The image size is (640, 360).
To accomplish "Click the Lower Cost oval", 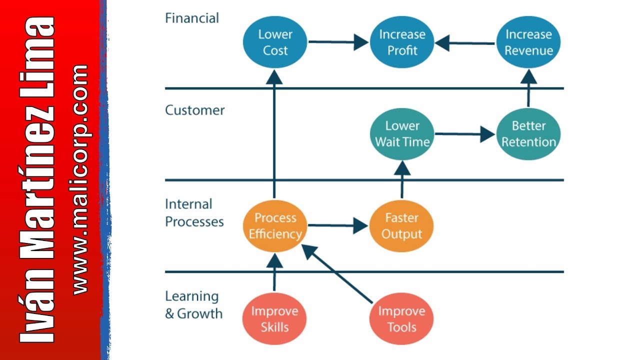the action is [275, 42].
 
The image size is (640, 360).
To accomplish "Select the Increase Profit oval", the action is [402, 42].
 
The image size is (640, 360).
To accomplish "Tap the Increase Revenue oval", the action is [528, 42].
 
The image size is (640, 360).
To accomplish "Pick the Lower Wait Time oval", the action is [402, 134].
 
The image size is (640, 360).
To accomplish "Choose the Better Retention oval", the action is [528, 134].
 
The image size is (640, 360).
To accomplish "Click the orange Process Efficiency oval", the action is [275, 226].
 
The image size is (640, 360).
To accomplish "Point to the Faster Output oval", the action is [401, 226].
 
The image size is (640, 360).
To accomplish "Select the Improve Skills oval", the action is [274, 318].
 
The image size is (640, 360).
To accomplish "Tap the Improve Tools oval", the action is [401, 318].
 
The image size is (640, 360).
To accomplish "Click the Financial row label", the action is [192, 18].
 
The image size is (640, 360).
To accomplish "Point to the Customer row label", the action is [195, 110].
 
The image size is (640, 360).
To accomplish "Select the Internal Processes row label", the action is [194, 213].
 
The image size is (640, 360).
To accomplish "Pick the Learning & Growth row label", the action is [193, 305].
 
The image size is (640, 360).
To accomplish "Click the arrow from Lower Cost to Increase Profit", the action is [338, 42].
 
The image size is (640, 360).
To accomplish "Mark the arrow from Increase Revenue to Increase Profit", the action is [464, 43].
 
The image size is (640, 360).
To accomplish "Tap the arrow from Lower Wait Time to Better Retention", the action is [465, 134].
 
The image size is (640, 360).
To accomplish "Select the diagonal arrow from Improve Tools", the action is [337, 273].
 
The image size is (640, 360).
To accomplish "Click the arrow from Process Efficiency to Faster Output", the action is [338, 225].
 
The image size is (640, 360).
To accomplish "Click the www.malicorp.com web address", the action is [80, 180].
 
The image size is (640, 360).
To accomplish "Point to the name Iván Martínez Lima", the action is [36, 180].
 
